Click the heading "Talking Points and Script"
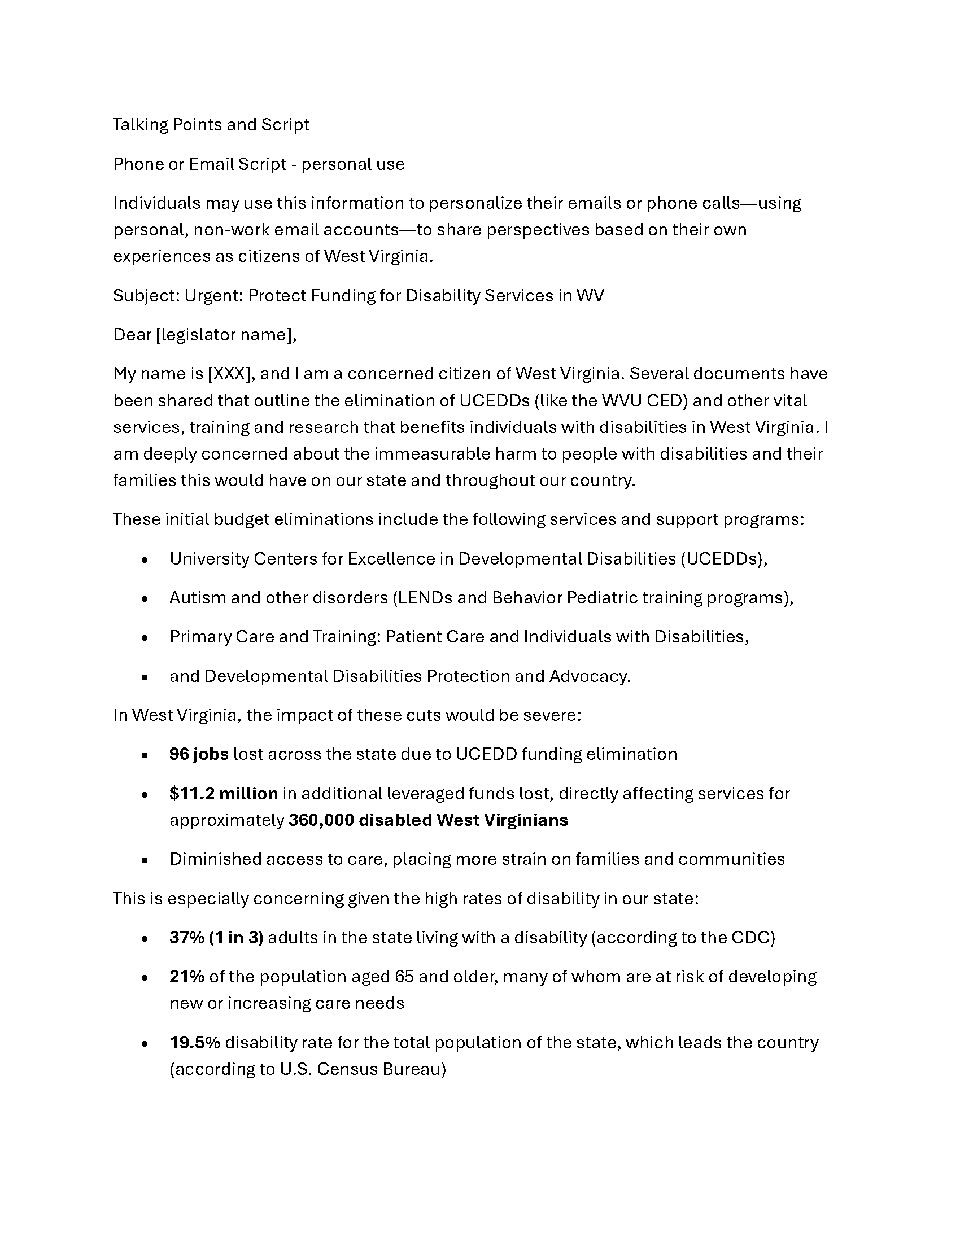(211, 125)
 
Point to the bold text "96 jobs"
(199, 754)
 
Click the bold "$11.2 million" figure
(224, 793)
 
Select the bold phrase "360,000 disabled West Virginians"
(428, 820)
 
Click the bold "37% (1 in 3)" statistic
(216, 938)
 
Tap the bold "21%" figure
(186, 977)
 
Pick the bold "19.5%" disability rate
(194, 1042)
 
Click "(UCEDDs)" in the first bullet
(723, 559)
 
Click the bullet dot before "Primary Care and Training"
(145, 638)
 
